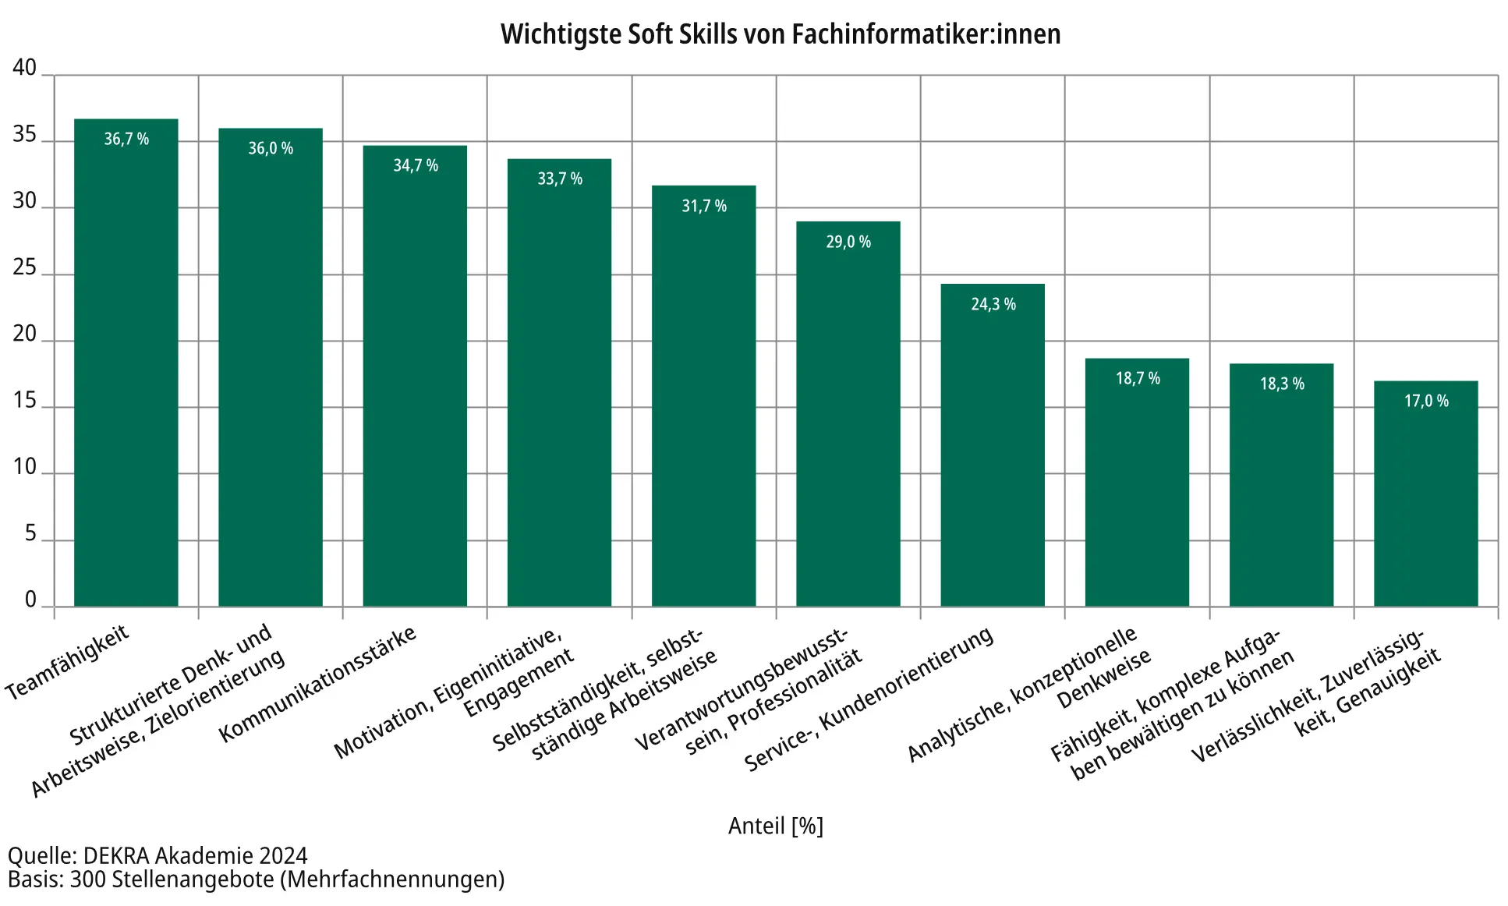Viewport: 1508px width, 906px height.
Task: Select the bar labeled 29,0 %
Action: (848, 414)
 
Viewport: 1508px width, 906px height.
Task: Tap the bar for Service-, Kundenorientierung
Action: (992, 445)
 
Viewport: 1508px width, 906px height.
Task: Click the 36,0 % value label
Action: (271, 148)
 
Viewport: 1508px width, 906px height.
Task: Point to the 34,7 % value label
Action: (415, 165)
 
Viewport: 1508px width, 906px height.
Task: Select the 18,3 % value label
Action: (1282, 384)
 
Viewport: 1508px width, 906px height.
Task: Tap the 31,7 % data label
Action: (704, 206)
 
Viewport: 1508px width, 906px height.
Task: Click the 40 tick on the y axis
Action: (25, 68)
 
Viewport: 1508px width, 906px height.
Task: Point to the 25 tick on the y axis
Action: (25, 268)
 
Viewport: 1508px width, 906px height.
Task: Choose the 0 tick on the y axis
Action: (31, 600)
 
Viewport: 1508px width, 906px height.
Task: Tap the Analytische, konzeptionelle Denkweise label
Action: (1029, 694)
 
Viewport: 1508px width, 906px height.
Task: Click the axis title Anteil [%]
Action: (775, 826)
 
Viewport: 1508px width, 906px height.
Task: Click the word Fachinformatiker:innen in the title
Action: (926, 34)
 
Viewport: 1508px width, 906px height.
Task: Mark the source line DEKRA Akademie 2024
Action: (195, 855)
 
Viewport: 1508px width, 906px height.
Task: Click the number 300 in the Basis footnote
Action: (88, 879)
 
